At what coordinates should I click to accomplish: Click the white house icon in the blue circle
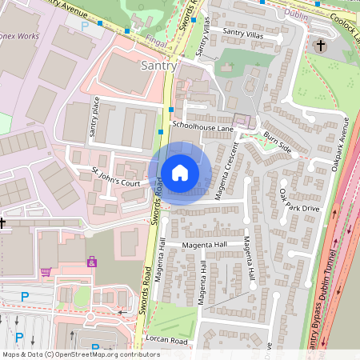click(180, 172)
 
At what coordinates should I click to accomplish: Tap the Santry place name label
click(158, 65)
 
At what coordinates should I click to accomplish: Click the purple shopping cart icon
click(46, 271)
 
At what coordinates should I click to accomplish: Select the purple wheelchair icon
click(92, 262)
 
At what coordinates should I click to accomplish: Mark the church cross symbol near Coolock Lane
click(321, 46)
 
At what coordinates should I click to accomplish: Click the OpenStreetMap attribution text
click(80, 354)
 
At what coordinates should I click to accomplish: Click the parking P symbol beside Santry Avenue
click(86, 26)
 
